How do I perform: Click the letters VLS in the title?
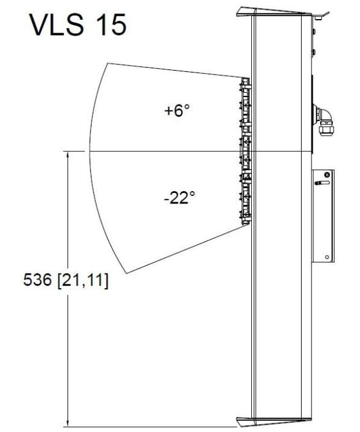(56, 25)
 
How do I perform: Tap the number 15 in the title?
(112, 25)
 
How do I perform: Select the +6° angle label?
(177, 111)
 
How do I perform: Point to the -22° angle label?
(179, 197)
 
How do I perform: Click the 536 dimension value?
(37, 280)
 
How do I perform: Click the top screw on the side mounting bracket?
(327, 175)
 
